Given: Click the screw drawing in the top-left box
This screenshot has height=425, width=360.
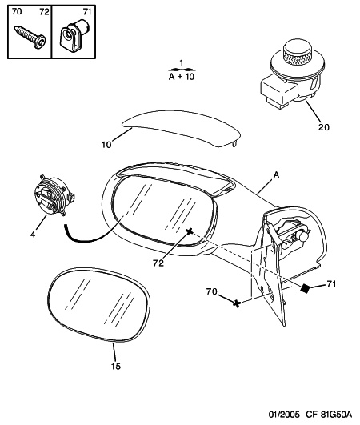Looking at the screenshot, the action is pos(30,38).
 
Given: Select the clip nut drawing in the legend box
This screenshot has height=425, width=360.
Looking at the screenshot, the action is pos(73,36).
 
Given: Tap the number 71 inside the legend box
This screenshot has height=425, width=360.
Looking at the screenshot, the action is pos(87,12).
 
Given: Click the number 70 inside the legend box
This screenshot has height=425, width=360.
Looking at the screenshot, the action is pos(17,12).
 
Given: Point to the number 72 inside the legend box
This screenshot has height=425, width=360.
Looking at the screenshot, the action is pos(44,12).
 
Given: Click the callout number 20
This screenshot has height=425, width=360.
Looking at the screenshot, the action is pos(323,126).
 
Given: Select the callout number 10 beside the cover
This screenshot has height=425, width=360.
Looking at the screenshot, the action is pos(106,145).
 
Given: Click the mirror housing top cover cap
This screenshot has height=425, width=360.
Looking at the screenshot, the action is pos(182,128).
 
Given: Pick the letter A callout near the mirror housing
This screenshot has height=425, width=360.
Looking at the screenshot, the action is pos(276,175).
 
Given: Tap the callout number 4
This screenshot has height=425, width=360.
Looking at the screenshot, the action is pos(33,235).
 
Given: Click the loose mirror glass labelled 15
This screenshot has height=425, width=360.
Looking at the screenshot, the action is pos(99,304).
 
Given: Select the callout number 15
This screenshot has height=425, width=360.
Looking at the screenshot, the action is pos(116,366).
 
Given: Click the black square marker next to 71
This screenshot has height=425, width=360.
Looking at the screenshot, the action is pos(305,288).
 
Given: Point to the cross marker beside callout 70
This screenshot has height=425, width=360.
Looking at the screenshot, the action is pos(237,303).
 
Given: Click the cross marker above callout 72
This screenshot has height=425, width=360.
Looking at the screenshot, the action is pos(189,231).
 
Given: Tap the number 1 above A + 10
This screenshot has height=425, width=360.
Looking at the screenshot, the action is pos(182,62).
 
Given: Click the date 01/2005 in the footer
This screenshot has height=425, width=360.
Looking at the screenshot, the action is pos(284,415).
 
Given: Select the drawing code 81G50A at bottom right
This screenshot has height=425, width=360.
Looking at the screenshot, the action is pos(336,415).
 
